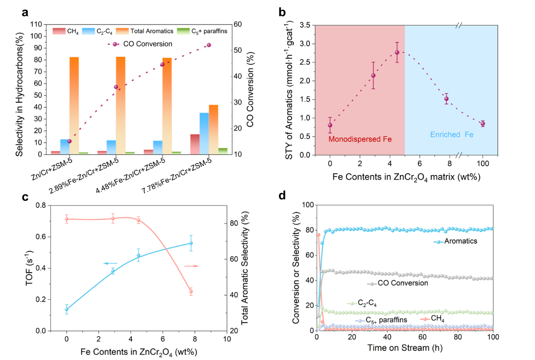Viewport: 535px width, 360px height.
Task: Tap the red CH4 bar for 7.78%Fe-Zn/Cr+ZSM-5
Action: pos(195,144)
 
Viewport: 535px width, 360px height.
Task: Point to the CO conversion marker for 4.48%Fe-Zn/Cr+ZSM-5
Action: pos(162,64)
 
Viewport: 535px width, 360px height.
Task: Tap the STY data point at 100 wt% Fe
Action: pos(483,124)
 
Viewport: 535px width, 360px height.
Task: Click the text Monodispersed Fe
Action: pos(360,140)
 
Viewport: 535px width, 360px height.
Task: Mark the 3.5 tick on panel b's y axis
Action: pos(305,25)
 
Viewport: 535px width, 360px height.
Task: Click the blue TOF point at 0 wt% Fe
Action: pos(66,309)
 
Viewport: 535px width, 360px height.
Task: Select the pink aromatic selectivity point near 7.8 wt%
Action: pos(191,292)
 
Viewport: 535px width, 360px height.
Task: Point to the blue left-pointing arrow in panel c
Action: pos(110,263)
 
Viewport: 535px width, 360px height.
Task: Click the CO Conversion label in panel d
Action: pos(397,283)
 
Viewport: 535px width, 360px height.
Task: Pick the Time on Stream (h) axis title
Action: pos(404,348)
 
